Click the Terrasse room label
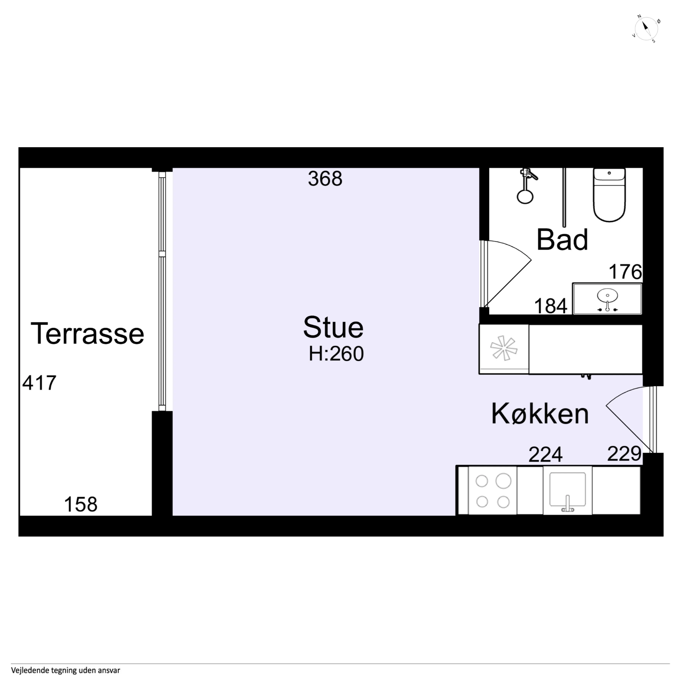click(88, 333)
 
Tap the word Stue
click(333, 327)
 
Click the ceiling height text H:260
click(336, 354)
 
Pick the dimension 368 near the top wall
click(325, 179)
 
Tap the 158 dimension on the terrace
click(80, 505)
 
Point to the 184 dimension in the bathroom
click(551, 306)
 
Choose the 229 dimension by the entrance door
click(624, 454)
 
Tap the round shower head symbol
click(525, 197)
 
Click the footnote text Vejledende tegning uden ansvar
click(66, 670)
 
